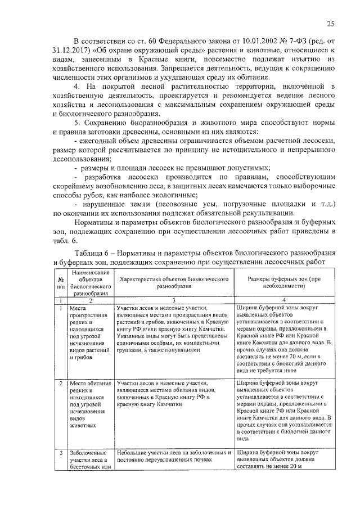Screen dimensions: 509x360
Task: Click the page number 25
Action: point(331,23)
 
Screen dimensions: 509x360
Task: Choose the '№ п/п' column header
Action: point(60,282)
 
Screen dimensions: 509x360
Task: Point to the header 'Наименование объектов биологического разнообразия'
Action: point(89,282)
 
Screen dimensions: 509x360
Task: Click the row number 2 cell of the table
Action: point(60,384)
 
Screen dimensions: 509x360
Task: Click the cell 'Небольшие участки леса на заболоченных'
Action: point(175,456)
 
